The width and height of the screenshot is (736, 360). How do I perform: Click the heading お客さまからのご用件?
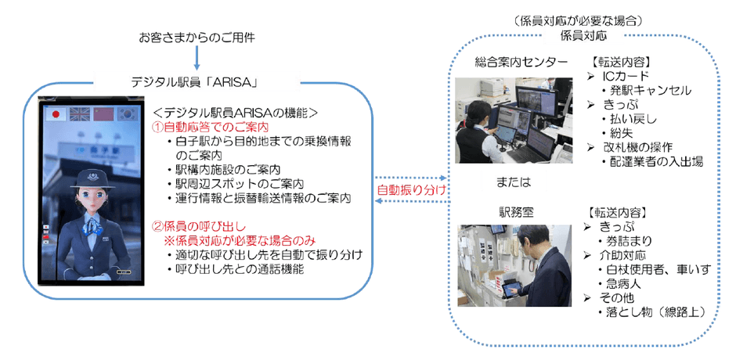196,37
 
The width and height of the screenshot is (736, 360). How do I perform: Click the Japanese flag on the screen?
56,114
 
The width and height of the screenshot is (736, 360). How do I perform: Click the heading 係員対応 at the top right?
583,36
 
